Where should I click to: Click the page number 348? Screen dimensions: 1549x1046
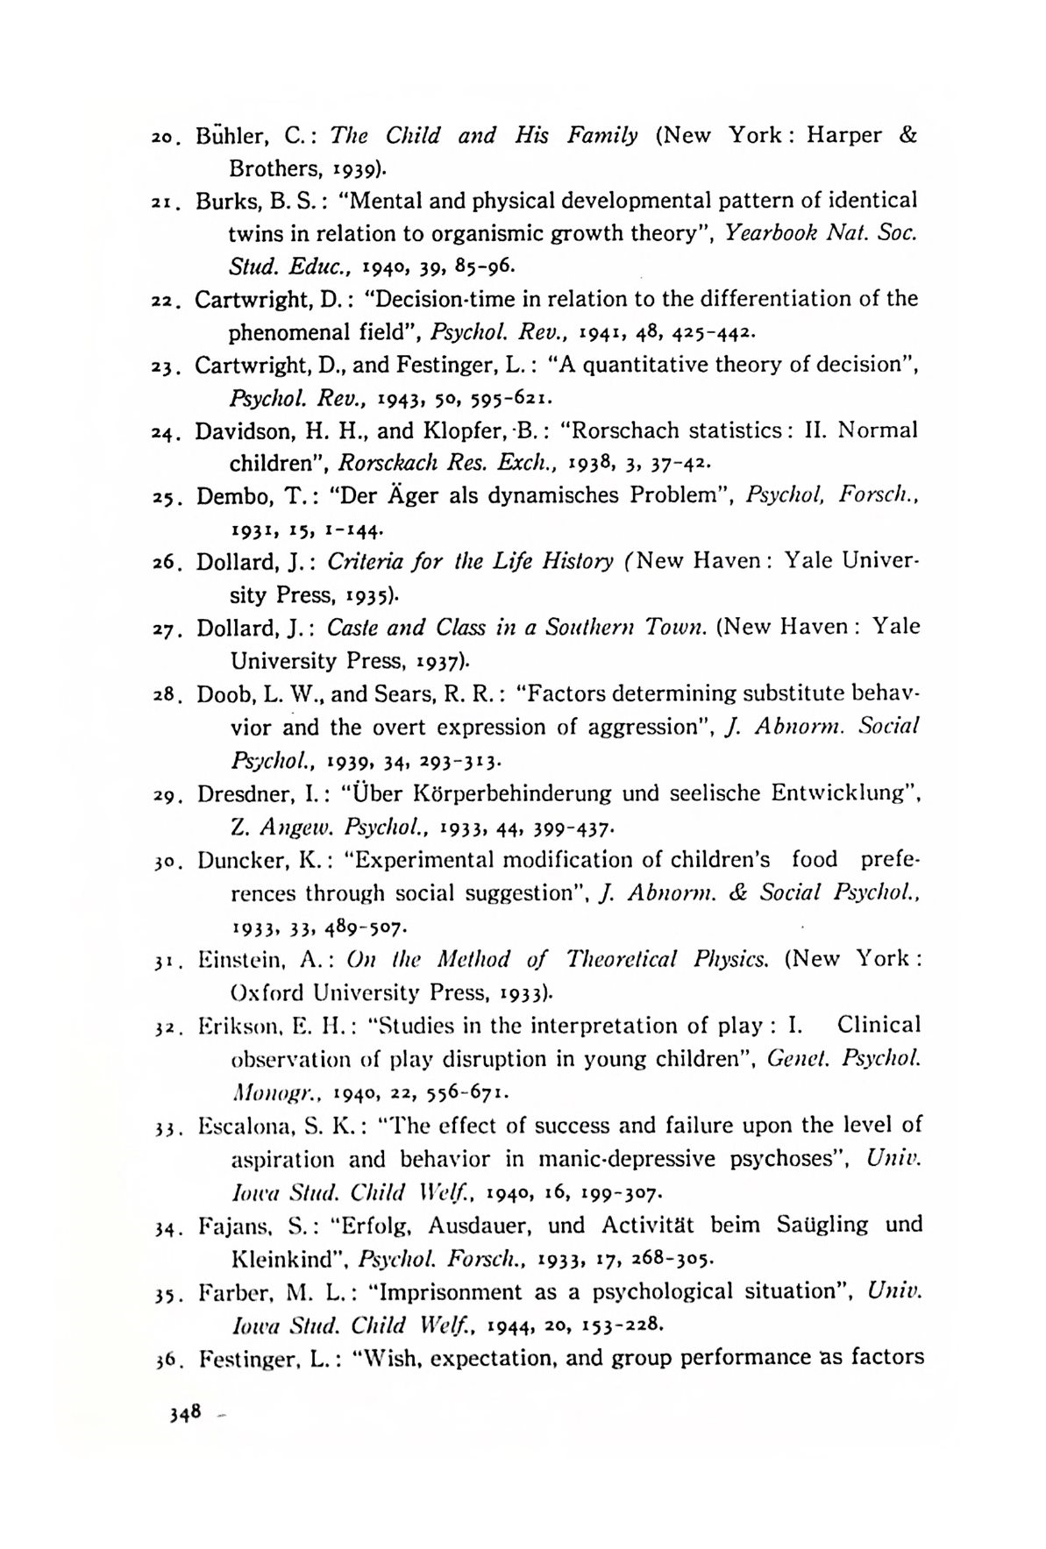(187, 1412)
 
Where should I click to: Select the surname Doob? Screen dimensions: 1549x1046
(223, 693)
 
